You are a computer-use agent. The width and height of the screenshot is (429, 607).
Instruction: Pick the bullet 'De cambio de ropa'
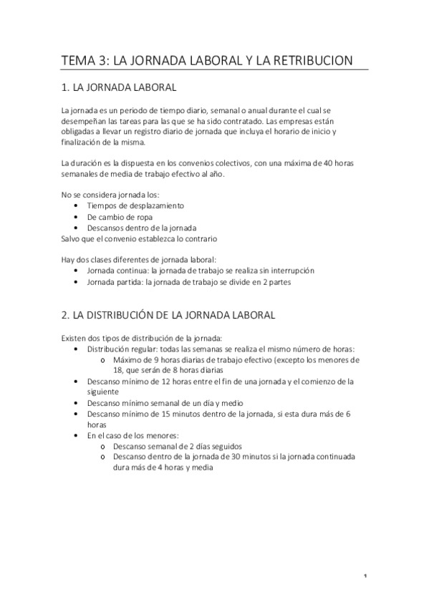120,217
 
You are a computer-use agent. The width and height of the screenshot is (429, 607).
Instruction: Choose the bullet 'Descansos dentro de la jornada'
143,228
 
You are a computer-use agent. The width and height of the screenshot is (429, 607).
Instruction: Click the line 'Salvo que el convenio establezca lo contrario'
139,238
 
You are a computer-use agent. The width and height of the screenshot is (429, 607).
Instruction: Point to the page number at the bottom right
365,576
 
